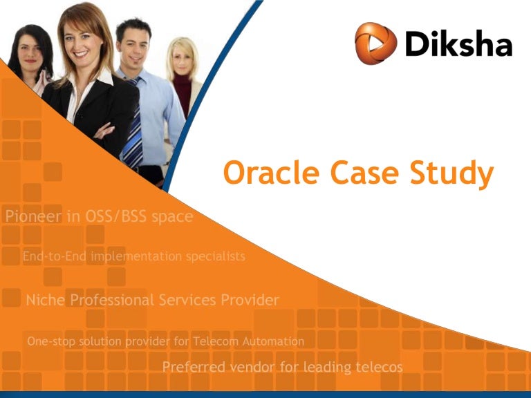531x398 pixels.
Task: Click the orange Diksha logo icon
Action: (x=375, y=44)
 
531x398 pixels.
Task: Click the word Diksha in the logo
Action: (x=458, y=44)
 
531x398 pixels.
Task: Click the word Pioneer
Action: (x=33, y=216)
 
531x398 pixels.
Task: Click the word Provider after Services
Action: (x=250, y=300)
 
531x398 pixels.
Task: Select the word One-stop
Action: (x=49, y=341)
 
